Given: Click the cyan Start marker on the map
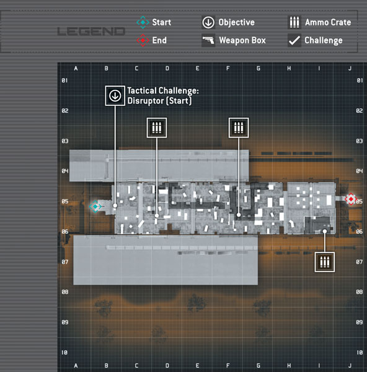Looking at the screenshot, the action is point(95,206).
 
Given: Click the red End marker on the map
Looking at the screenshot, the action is point(351,199).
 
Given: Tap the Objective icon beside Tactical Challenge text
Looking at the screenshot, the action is point(115,95).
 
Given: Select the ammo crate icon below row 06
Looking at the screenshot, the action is point(325,262).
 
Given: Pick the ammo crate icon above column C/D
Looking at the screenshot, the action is point(157,128).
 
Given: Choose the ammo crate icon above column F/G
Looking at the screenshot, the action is point(239,128).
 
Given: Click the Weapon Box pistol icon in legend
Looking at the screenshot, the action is point(208,40).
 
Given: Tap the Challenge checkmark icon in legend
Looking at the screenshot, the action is point(294,40).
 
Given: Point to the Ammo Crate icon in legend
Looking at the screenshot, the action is point(294,22).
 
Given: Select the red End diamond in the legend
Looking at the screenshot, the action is point(143,40).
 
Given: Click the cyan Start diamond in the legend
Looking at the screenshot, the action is point(143,22).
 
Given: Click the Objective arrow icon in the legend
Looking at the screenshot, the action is point(208,22).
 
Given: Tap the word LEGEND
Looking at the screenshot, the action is point(91,32).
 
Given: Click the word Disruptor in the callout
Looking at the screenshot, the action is point(146,101).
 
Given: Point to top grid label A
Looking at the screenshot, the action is point(76,69).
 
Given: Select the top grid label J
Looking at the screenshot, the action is point(350,69).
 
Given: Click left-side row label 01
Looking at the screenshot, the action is point(64,81).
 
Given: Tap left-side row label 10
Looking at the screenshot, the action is point(64,353).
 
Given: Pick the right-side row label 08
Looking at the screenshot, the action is point(360,292).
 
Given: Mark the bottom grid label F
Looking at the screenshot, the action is point(228,366).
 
